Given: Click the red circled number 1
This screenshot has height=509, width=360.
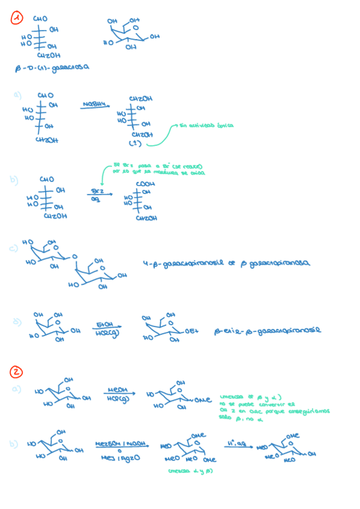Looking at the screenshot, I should click(x=18, y=19).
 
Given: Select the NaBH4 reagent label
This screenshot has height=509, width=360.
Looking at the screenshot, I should click(x=97, y=105).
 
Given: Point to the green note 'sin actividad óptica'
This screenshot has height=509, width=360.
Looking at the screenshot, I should click(x=208, y=126).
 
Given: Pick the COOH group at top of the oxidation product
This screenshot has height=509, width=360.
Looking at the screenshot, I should click(x=145, y=184).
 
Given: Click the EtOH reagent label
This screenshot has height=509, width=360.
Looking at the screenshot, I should click(x=105, y=325).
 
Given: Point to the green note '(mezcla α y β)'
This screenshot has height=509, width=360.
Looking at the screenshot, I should click(x=191, y=470).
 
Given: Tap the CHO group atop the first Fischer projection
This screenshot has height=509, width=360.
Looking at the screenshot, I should click(x=40, y=19).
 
